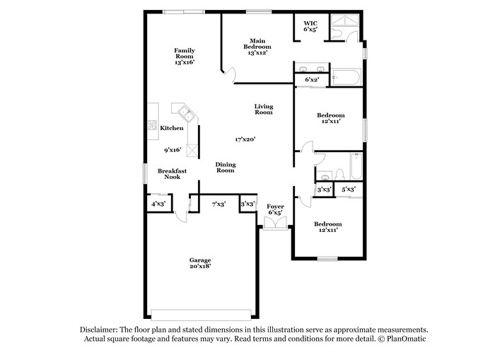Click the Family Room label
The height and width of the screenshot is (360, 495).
pos(185,56)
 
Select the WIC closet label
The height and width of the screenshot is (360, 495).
pos(310,26)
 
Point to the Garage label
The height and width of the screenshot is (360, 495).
pos(199,263)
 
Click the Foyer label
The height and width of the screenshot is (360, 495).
pos(275,209)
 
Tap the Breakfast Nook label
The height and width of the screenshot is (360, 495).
pos(172,173)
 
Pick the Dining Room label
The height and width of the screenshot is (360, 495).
pos(225,167)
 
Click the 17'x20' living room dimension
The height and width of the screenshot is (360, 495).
pos(245,139)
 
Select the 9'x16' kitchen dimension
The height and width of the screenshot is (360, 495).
pos(173,149)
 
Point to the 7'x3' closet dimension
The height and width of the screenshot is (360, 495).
pos(219,204)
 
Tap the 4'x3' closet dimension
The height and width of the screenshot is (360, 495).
pos(158,204)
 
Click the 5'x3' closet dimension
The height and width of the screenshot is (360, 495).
pos(349,190)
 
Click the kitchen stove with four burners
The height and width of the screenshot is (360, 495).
pos(152,125)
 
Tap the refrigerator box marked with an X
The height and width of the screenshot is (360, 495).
pos(191,150)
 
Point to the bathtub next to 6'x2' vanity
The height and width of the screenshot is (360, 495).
pos(347,76)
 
